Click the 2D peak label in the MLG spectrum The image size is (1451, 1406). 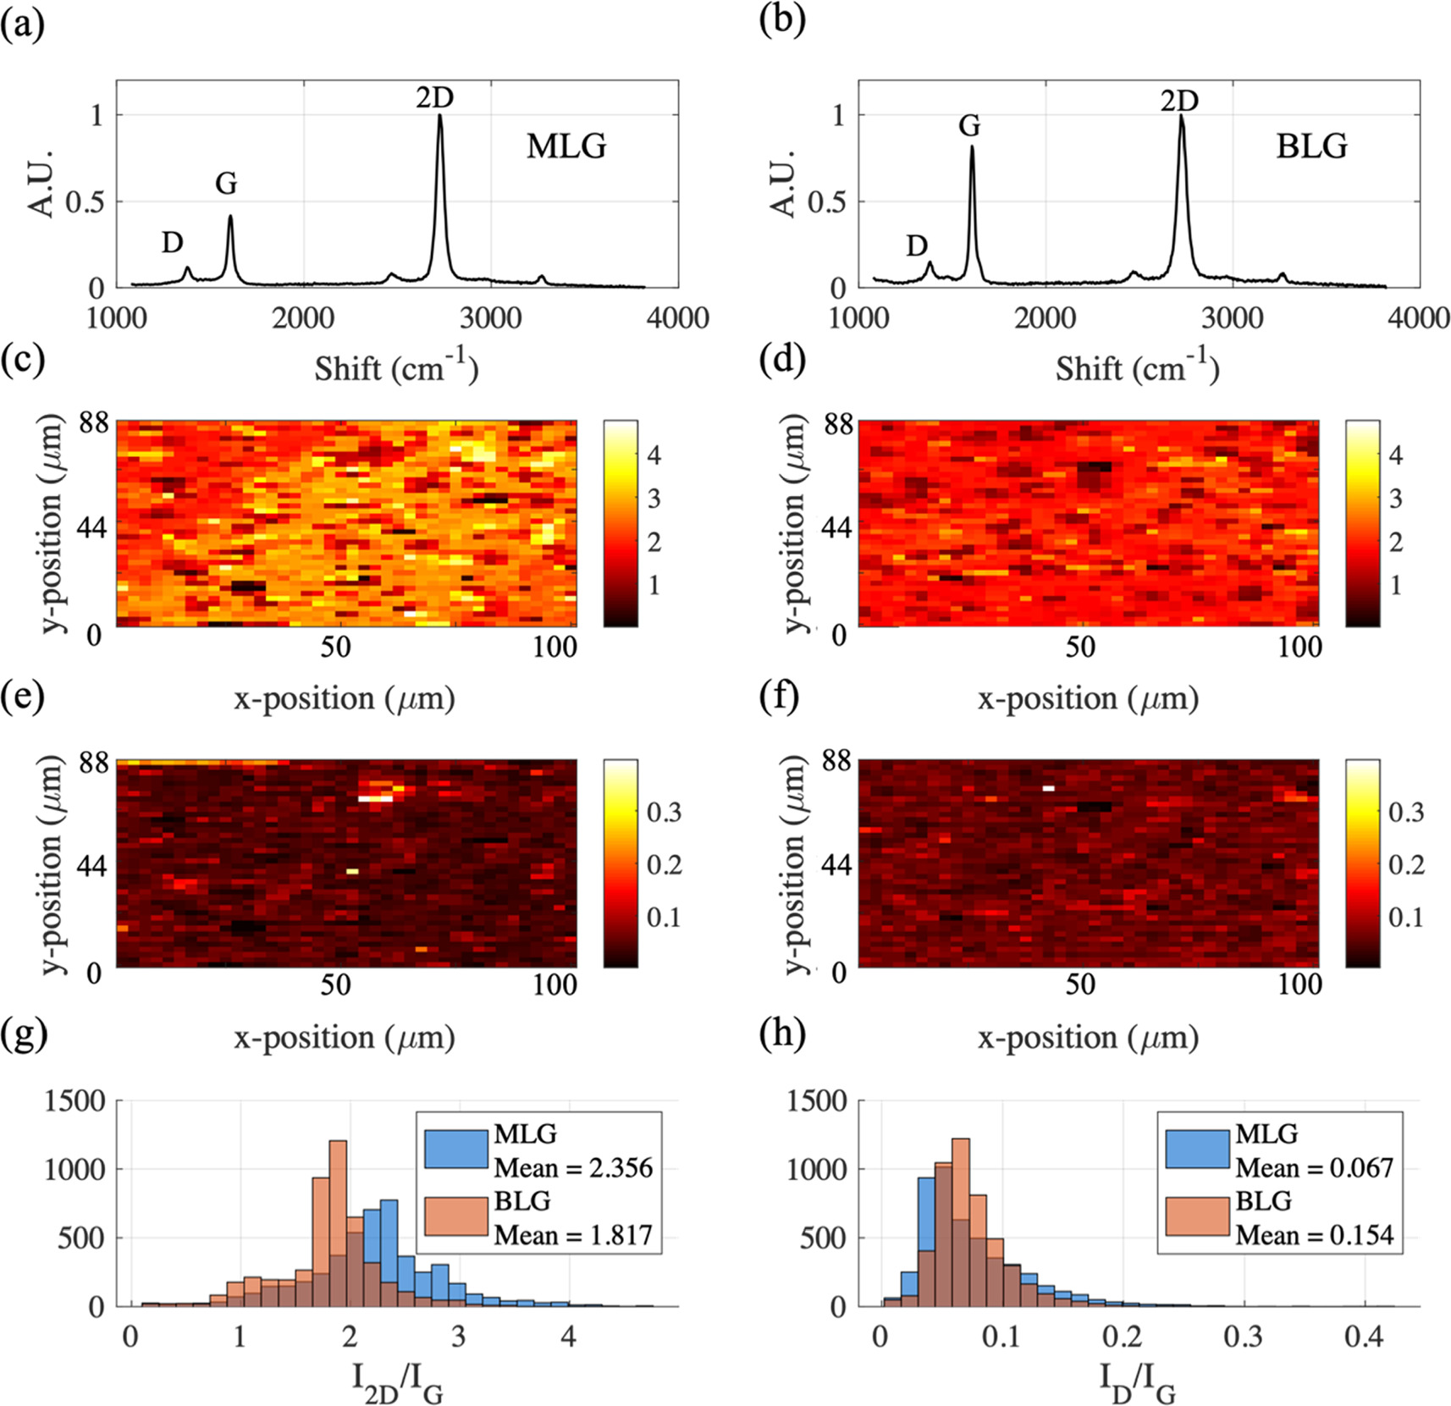click(434, 98)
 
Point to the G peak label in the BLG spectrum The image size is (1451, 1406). click(969, 126)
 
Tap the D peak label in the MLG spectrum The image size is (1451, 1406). click(173, 243)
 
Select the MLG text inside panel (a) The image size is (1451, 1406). click(566, 146)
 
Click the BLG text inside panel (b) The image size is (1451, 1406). click(1311, 146)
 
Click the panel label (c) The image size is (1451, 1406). click(23, 360)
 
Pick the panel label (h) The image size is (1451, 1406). click(781, 1035)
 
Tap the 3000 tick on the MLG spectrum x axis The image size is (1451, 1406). click(490, 318)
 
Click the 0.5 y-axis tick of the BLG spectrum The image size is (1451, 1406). click(826, 202)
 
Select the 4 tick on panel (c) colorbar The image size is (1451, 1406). click(654, 455)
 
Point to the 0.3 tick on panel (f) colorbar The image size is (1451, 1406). click(1406, 813)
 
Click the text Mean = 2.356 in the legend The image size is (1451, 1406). click(573, 1168)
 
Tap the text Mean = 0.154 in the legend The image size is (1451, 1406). click(1314, 1236)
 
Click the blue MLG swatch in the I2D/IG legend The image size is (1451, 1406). click(456, 1149)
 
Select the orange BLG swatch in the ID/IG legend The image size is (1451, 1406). click(1197, 1216)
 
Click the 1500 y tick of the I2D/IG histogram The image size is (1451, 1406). click(74, 1101)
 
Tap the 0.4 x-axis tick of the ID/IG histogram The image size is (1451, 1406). click(1364, 1337)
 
